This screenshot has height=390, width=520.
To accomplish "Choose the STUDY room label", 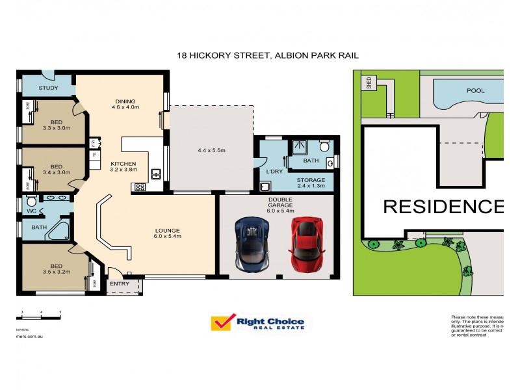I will pyautogui.click(x=48, y=88).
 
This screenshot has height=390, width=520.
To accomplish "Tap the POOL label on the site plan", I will pyautogui.click(x=475, y=91).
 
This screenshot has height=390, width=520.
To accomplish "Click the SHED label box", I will pyautogui.click(x=369, y=83).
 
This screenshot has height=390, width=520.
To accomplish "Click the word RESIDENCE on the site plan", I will pyautogui.click(x=443, y=207).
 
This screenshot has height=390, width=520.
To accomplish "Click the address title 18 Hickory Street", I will pyautogui.click(x=268, y=56).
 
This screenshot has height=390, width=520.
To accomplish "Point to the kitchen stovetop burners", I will pyautogui.click(x=140, y=187).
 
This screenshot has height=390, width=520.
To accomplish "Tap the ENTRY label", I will pyautogui.click(x=120, y=283).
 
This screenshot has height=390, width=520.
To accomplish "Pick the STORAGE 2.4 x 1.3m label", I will pyautogui.click(x=311, y=183).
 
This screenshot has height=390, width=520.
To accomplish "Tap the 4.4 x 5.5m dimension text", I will pyautogui.click(x=211, y=150).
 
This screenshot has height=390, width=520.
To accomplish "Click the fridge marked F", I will pyautogui.click(x=96, y=155).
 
